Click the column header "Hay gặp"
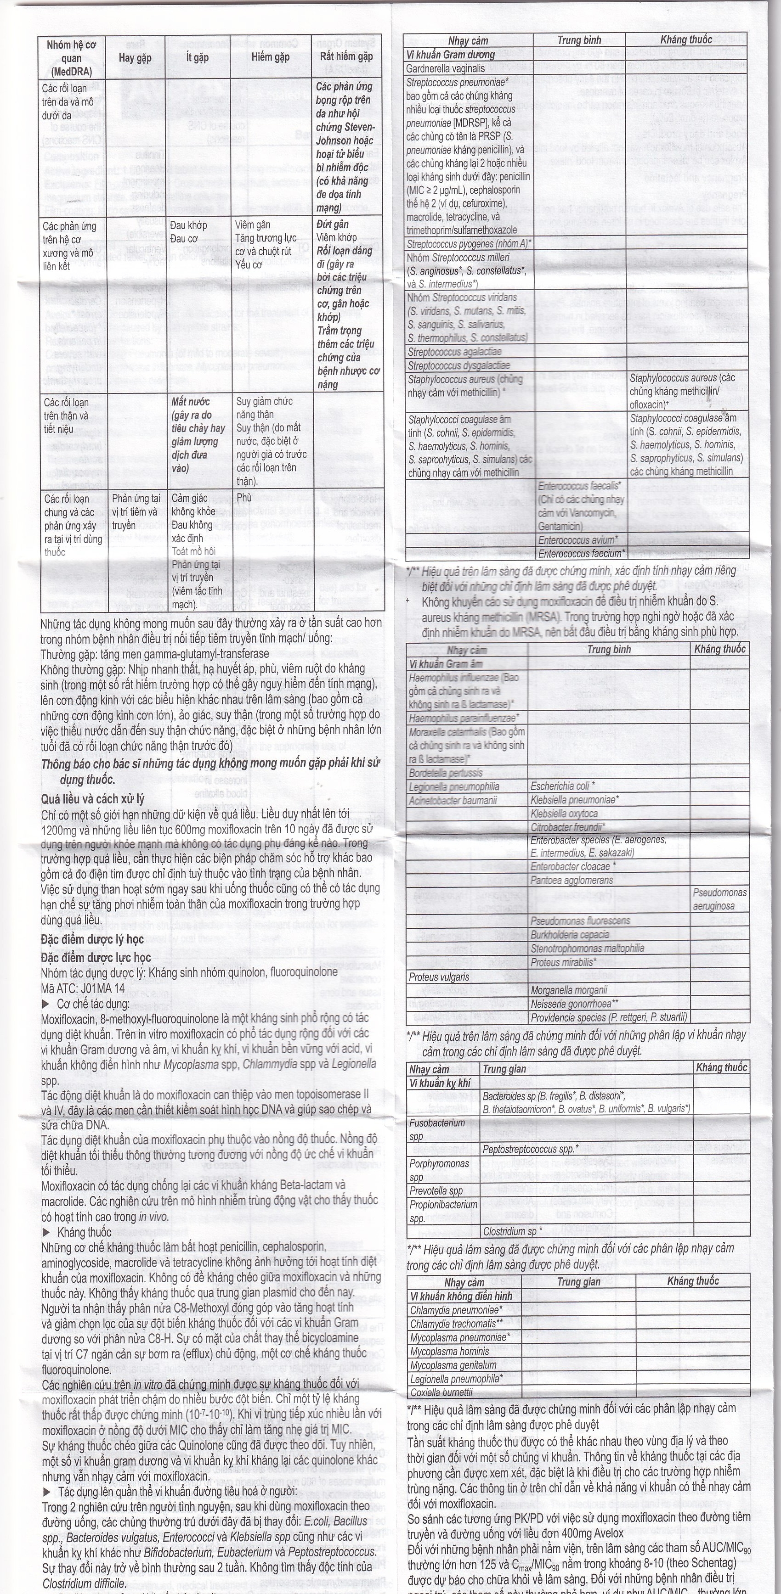135,57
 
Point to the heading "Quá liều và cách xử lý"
93,798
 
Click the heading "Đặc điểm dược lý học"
92,939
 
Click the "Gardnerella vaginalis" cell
445,68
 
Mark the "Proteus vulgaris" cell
439,977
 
